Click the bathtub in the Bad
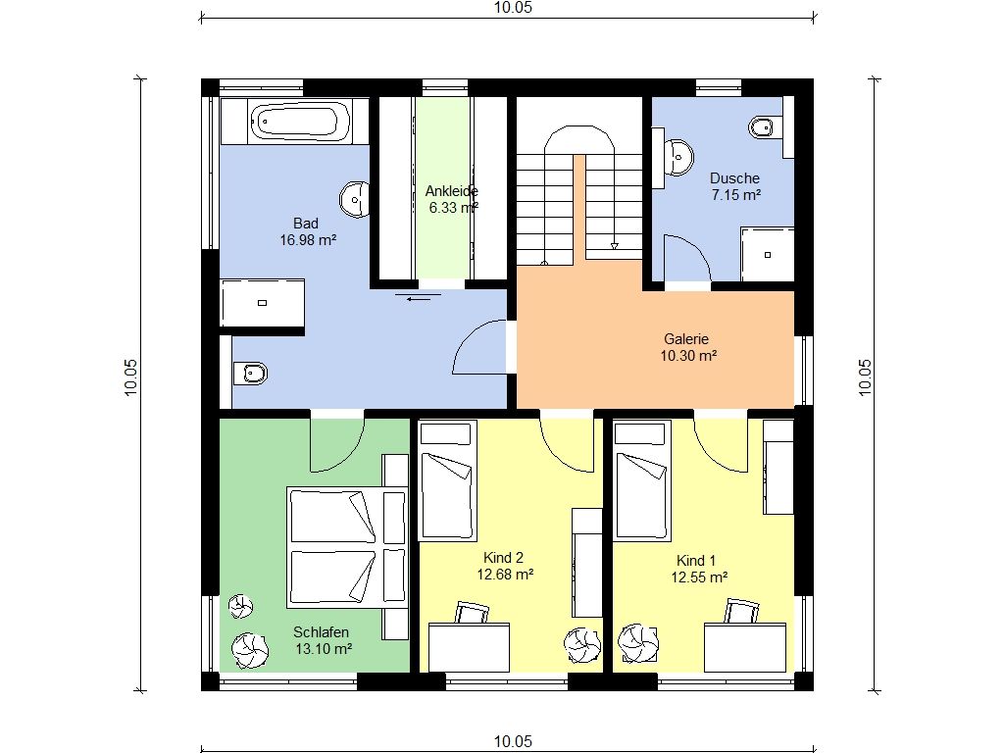point(300,122)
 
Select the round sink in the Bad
point(355,199)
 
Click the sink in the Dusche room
point(678,156)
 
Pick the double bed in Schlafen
point(347,546)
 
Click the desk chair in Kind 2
point(472,612)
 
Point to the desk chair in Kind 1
point(742,611)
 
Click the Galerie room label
point(686,339)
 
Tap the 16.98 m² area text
point(308,240)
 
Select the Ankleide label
point(451,191)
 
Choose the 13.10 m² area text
point(324,649)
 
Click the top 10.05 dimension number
point(513,8)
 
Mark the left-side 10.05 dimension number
point(130,377)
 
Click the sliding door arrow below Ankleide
point(419,298)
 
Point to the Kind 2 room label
point(503,558)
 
